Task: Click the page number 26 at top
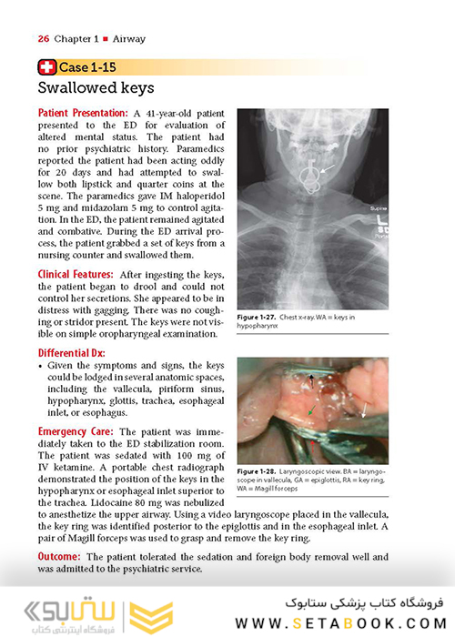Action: coord(43,39)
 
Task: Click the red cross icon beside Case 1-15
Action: coord(46,66)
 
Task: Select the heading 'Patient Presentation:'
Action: coord(82,113)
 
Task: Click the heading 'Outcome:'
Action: coord(62,555)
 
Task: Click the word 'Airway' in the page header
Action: coord(128,39)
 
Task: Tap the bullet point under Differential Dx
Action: coord(42,370)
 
